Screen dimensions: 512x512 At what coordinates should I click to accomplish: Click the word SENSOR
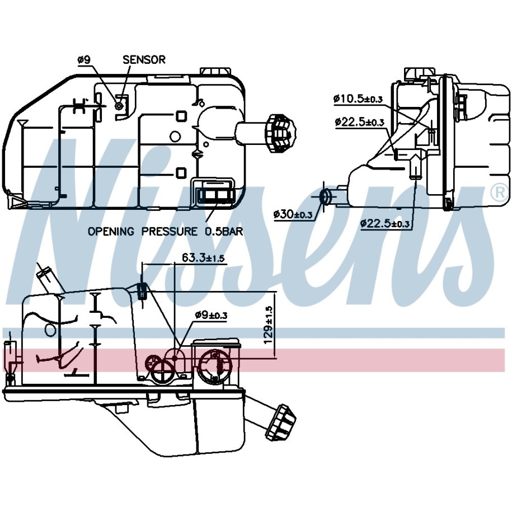click(x=144, y=59)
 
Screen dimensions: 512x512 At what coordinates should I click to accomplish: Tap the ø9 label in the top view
click(x=84, y=59)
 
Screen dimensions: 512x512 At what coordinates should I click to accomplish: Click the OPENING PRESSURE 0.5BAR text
click(x=166, y=232)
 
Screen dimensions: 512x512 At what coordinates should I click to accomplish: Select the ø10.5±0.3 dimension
click(x=358, y=98)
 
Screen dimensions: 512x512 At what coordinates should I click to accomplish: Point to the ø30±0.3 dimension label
click(x=293, y=214)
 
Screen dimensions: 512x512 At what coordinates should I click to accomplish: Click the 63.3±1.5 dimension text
click(x=203, y=257)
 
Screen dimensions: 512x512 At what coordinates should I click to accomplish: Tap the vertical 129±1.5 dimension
click(x=269, y=325)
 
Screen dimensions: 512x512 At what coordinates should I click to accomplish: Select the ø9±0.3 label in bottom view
click(x=211, y=315)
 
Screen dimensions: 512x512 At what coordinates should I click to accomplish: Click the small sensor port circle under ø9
click(x=119, y=106)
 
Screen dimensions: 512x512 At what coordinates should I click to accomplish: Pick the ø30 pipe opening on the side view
click(x=325, y=196)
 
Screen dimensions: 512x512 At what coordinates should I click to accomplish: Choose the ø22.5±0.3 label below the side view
click(x=384, y=224)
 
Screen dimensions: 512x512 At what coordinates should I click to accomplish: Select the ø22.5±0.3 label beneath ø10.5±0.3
click(x=359, y=122)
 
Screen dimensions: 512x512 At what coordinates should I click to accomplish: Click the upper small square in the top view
click(x=181, y=116)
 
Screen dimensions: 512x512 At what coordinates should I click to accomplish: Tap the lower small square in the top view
click(x=181, y=173)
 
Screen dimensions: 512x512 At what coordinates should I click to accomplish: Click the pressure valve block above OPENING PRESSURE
click(x=214, y=195)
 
